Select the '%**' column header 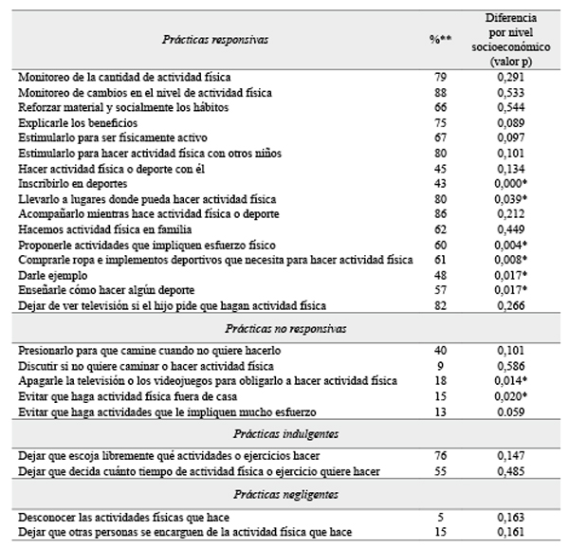[x=437, y=41]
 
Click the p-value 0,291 [x=511, y=76]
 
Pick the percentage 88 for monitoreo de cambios [x=437, y=92]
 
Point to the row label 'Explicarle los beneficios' [x=78, y=123]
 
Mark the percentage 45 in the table [x=437, y=169]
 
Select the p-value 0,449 [x=511, y=228]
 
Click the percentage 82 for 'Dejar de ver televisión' [x=437, y=305]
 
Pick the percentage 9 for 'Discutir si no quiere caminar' [x=437, y=365]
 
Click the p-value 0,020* [x=513, y=395]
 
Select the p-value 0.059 [x=511, y=411]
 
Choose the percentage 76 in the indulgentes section [x=437, y=455]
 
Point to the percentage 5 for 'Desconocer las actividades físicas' [x=437, y=518]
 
